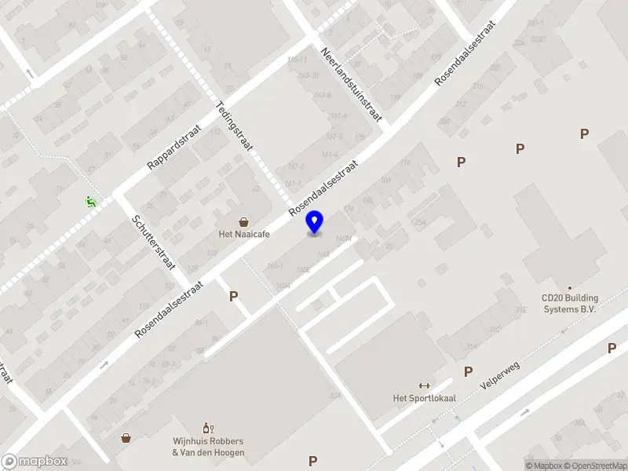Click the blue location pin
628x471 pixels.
point(315,223)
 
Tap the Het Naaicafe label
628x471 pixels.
point(244,233)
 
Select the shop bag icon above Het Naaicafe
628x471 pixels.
point(244,221)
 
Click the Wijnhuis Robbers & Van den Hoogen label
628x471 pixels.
point(208,447)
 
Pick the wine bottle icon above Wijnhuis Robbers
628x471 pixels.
point(208,428)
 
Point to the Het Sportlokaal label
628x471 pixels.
point(425,398)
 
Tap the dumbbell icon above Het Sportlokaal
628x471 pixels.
point(425,385)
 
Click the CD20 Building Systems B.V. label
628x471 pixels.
point(570,304)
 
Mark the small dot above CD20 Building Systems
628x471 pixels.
point(570,288)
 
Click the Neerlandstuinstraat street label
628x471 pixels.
point(351,85)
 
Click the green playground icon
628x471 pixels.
point(90,202)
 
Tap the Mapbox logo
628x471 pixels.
point(33,462)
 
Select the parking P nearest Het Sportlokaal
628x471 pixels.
point(468,371)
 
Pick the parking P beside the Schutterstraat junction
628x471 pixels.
point(232,297)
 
